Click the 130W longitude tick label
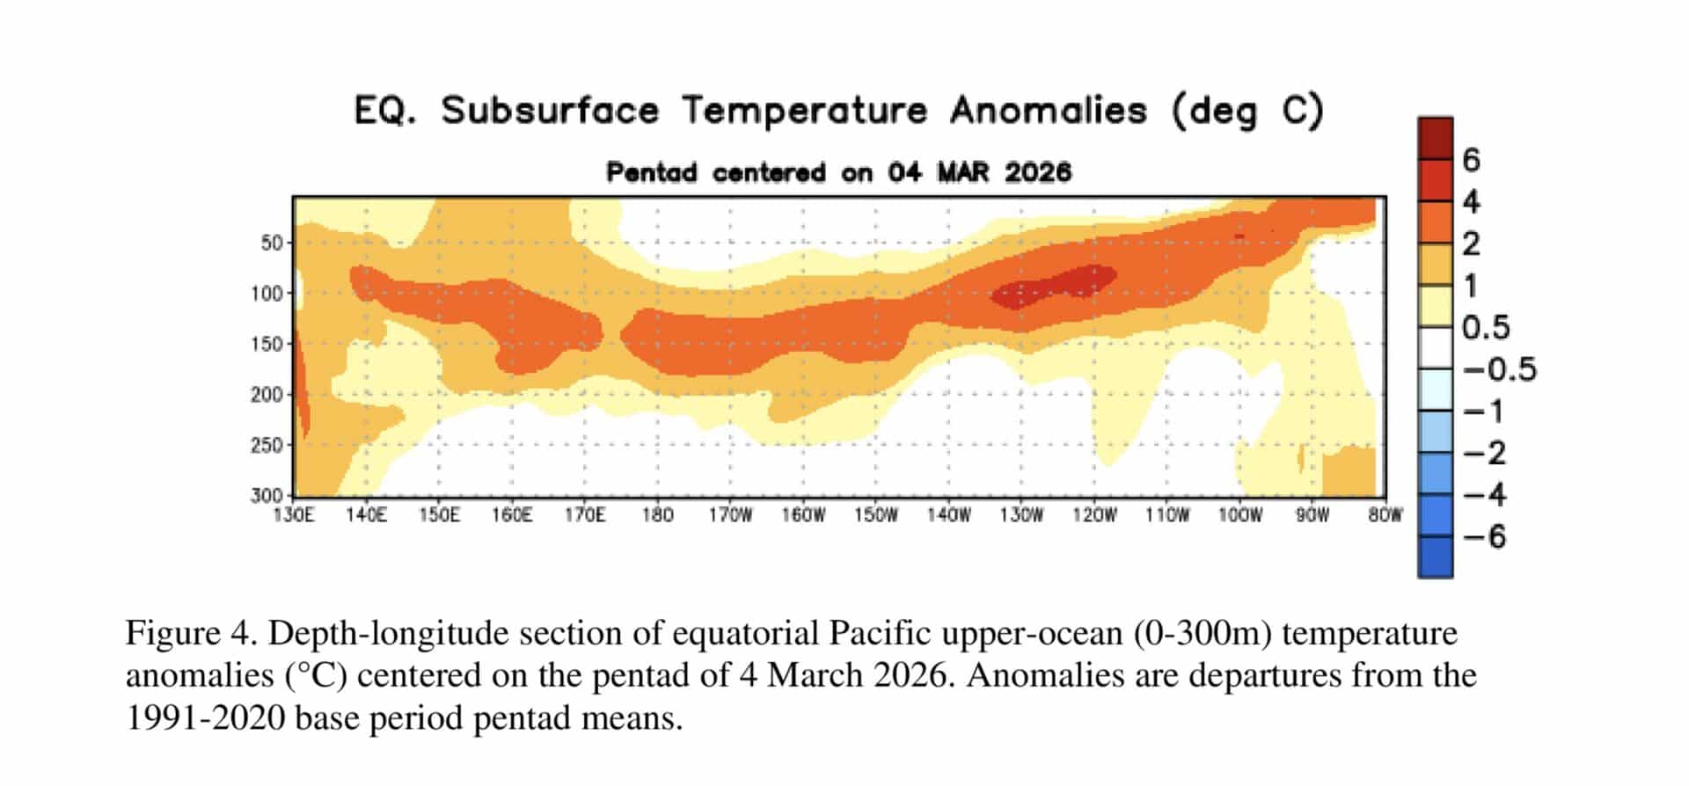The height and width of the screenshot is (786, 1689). click(1020, 515)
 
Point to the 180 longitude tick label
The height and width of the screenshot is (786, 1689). click(657, 515)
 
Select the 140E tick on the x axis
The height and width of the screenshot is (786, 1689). click(366, 515)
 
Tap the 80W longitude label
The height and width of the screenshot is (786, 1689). click(1385, 515)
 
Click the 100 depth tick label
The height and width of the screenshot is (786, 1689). click(267, 294)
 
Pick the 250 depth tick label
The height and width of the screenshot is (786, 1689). click(267, 446)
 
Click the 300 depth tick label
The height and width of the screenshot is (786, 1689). click(267, 496)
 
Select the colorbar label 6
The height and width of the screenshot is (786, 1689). click(1471, 160)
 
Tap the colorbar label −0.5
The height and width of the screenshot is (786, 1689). click(1499, 369)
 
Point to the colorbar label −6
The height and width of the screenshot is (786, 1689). click(1485, 536)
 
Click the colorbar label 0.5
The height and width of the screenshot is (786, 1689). click(1486, 328)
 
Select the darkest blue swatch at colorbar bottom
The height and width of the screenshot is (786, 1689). click(1435, 557)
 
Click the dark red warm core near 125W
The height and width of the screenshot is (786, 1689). click(1056, 285)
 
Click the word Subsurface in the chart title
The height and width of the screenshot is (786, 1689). click(550, 112)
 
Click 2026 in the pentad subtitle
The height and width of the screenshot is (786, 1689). click(1038, 172)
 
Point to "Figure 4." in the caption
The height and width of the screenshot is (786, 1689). click(173, 633)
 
